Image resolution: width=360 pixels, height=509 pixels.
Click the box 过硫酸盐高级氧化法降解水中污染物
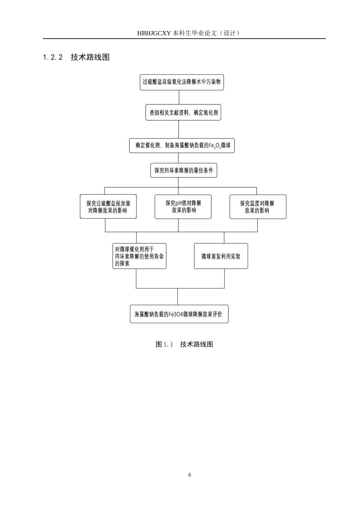(x=182, y=82)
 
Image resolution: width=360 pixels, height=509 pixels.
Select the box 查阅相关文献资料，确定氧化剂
(x=183, y=112)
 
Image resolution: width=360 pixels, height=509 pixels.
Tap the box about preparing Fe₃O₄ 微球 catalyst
(x=182, y=145)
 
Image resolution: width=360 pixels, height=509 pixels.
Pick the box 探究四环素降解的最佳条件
(x=183, y=170)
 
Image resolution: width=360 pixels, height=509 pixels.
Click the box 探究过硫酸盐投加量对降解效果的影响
(x=108, y=206)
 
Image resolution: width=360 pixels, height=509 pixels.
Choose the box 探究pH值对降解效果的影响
(x=183, y=206)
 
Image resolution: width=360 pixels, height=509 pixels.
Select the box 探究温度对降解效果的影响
(x=258, y=206)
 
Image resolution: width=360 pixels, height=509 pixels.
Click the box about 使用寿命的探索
(x=139, y=256)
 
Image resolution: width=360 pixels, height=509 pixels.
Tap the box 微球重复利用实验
(x=221, y=256)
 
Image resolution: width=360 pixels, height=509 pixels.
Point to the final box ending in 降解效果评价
(x=179, y=314)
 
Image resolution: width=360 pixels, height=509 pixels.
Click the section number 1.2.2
(x=53, y=57)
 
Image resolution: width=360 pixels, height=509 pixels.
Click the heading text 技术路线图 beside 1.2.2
(x=90, y=57)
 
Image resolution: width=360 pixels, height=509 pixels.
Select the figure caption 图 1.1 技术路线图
(x=184, y=344)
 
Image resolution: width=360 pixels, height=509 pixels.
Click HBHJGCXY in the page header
(x=154, y=33)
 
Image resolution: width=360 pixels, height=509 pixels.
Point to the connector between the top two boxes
(x=179, y=97)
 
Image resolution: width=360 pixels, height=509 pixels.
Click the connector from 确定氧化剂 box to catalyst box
(x=178, y=129)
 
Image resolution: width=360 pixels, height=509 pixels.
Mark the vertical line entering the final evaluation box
(x=178, y=297)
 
